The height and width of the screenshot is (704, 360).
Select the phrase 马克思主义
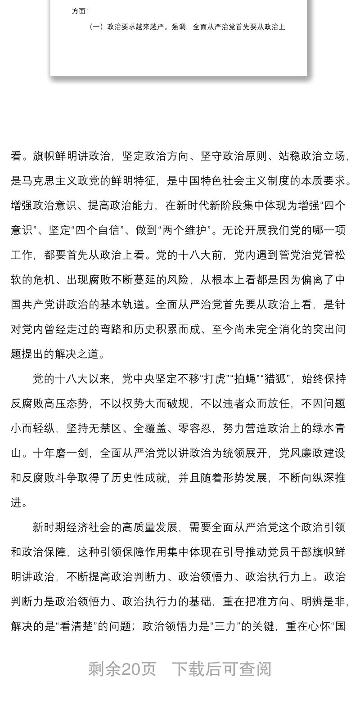(x=49, y=181)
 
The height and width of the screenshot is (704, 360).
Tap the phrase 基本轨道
(x=122, y=305)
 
